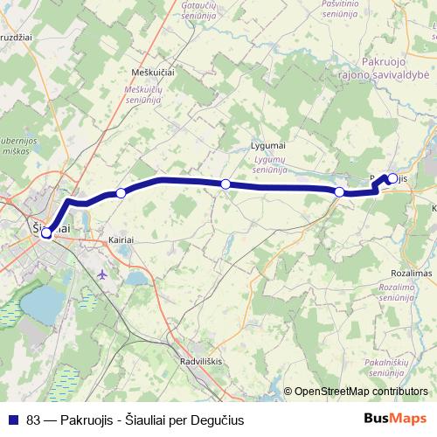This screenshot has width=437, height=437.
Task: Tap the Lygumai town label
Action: click(x=268, y=143)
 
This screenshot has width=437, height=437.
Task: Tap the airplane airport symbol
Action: click(x=105, y=274)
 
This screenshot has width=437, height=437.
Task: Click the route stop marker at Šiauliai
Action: click(x=46, y=233)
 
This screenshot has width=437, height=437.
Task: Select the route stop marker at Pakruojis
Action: click(x=392, y=179)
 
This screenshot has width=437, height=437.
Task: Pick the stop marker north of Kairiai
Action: click(x=121, y=192)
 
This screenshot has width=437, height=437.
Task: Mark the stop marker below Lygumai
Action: click(x=225, y=184)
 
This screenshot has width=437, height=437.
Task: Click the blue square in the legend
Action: click(x=13, y=418)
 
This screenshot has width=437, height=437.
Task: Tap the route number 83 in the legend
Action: click(x=34, y=418)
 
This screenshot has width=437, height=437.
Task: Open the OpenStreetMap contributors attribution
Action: click(x=361, y=392)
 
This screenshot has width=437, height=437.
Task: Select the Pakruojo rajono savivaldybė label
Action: click(x=394, y=69)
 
